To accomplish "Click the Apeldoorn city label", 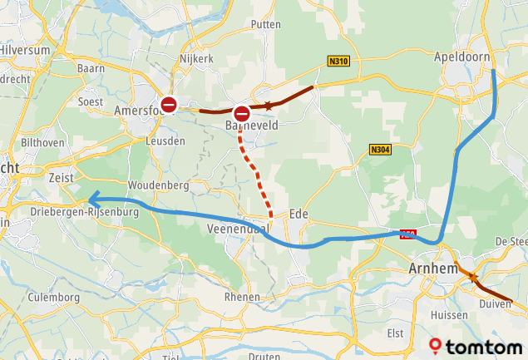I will click(461, 57).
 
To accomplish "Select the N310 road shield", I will click(338, 61).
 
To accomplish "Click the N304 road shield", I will click(380, 150).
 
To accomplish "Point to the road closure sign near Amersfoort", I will click(169, 105).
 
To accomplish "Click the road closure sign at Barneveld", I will click(242, 113).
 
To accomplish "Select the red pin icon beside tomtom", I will click(436, 345).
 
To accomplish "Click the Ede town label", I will click(299, 214).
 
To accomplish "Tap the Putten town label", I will click(265, 25).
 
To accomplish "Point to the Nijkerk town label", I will click(197, 59).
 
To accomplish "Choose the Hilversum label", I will click(26, 50).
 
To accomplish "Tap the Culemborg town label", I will click(53, 297).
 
